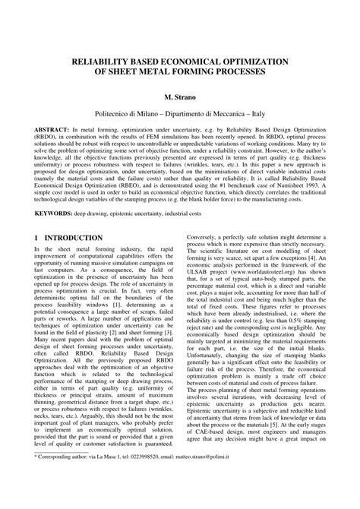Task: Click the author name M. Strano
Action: point(179,98)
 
